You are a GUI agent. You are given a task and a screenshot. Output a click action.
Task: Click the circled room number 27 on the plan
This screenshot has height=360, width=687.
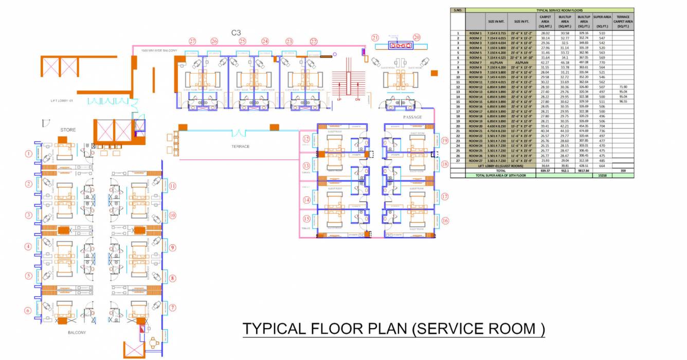pyautogui.click(x=192, y=41)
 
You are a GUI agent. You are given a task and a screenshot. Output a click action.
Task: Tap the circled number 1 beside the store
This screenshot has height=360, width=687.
pyautogui.click(x=29, y=153)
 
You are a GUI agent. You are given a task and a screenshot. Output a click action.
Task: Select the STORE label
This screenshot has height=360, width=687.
pyautogui.click(x=68, y=130)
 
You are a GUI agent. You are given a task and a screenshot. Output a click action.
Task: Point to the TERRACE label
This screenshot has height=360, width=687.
pyautogui.click(x=240, y=147)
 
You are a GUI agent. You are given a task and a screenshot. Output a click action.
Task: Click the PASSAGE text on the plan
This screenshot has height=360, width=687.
pyautogui.click(x=412, y=117)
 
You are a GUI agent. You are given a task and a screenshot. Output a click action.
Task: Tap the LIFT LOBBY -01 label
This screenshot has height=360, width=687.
pyautogui.click(x=62, y=101)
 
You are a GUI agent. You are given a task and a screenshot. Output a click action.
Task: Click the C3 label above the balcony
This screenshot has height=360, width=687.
pyautogui.click(x=236, y=32)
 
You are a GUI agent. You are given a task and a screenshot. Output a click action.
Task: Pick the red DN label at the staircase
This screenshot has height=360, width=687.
pyautogui.click(x=357, y=99)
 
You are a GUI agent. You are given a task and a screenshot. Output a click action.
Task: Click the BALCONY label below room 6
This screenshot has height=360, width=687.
pyautogui.click(x=77, y=333)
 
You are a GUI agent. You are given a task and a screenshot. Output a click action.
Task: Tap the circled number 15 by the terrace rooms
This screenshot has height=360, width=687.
pyautogui.click(x=306, y=219)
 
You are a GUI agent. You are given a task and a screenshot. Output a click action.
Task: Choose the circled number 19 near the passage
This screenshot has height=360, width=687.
pyautogui.click(x=445, y=140)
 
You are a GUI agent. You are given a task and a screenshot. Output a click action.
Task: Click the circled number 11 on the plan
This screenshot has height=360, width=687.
pyautogui.click(x=173, y=186)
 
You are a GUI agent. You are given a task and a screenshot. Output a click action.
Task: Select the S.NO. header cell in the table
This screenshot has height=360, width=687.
pyautogui.click(x=458, y=10)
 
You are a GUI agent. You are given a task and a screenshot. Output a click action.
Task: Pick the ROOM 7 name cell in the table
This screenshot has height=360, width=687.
pyautogui.click(x=475, y=62)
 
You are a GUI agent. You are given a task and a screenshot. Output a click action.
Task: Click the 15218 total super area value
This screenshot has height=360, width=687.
pyautogui.click(x=602, y=175)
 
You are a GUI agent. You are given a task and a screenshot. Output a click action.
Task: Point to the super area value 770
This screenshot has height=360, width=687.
pyautogui.click(x=602, y=62)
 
